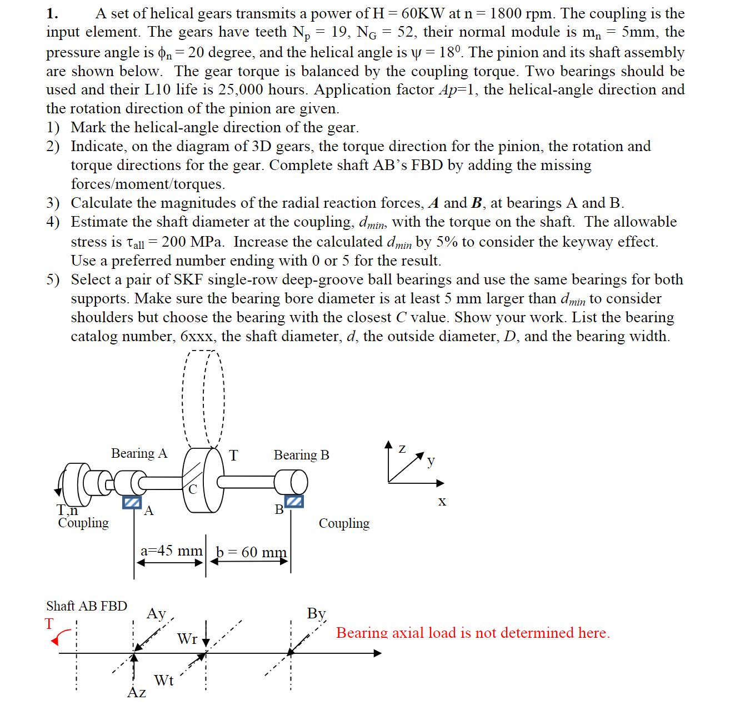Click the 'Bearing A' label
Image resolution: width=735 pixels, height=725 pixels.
(x=139, y=453)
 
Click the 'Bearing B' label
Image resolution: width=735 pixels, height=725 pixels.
(x=301, y=455)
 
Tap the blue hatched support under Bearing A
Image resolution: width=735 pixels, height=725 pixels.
(x=131, y=502)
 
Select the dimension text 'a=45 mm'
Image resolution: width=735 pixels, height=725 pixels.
(x=171, y=551)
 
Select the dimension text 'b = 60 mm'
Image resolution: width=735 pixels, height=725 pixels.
(x=251, y=552)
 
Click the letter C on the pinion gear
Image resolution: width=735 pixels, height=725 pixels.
(x=192, y=489)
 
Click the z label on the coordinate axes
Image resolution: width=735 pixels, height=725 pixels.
(x=402, y=448)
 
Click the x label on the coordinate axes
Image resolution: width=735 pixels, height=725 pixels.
(x=442, y=502)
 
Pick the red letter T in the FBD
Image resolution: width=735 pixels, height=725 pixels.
(x=50, y=623)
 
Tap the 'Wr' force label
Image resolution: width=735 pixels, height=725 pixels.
(x=187, y=639)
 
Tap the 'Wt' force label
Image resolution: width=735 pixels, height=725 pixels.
(x=164, y=680)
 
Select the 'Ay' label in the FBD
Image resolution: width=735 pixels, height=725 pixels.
(x=157, y=614)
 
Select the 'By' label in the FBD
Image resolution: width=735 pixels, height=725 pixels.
(x=316, y=613)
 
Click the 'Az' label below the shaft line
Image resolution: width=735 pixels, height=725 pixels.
(x=137, y=692)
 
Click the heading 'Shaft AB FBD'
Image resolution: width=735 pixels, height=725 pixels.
(x=87, y=606)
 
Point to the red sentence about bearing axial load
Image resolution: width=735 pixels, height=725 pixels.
(x=473, y=633)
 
